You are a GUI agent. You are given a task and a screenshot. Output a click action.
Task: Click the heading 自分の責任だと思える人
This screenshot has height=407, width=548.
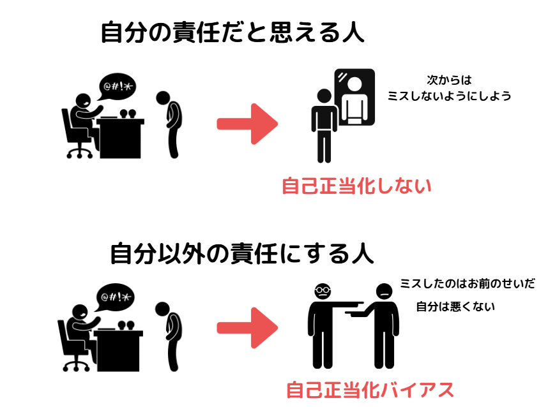tap(232, 32)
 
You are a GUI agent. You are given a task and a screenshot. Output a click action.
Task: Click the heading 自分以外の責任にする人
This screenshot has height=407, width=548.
tap(242, 253)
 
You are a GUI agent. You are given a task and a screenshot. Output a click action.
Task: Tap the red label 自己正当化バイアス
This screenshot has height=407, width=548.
tap(370, 389)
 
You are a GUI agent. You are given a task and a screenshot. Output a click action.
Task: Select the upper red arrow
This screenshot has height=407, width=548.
tap(247, 122)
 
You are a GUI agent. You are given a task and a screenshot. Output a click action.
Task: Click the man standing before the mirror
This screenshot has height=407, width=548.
tap(324, 124)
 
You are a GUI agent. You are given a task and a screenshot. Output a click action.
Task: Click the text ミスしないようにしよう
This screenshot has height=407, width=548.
tap(450, 96)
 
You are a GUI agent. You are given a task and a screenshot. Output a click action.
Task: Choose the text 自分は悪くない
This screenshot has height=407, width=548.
tap(455, 307)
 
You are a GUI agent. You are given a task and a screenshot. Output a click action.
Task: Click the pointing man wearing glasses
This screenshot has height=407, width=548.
tap(323, 325)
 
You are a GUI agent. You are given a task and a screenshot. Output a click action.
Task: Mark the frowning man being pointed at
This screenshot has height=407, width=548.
tap(383, 325)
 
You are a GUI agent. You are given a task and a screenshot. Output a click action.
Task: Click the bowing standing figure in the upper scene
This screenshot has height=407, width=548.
tap(172, 124)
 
